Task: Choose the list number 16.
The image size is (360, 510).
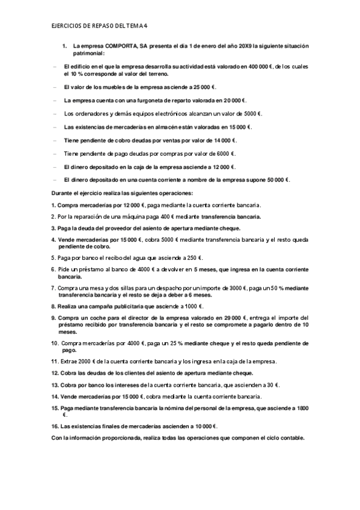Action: (55, 426)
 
